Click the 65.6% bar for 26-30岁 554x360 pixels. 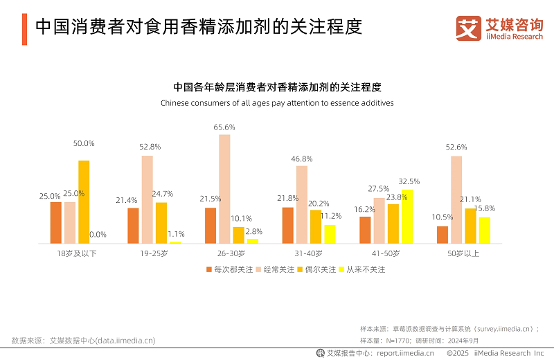coord(224,189)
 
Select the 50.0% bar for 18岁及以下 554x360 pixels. coord(84,201)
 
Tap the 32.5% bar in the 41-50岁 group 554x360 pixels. coord(406,216)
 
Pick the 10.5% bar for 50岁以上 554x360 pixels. coord(443,235)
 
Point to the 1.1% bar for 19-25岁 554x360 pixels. coord(175,242)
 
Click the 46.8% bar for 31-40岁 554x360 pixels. coord(301,204)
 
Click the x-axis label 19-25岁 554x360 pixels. coord(154,253)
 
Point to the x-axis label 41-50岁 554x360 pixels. coord(386,253)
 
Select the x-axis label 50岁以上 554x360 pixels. coord(463,253)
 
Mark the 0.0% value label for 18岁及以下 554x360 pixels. coord(98,235)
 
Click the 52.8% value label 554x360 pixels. coord(150,147)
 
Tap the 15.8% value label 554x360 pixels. coord(485,208)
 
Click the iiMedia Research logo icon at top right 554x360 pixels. coord(469,28)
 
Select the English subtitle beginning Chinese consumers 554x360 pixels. coord(277,103)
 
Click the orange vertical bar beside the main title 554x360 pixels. coord(24,28)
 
